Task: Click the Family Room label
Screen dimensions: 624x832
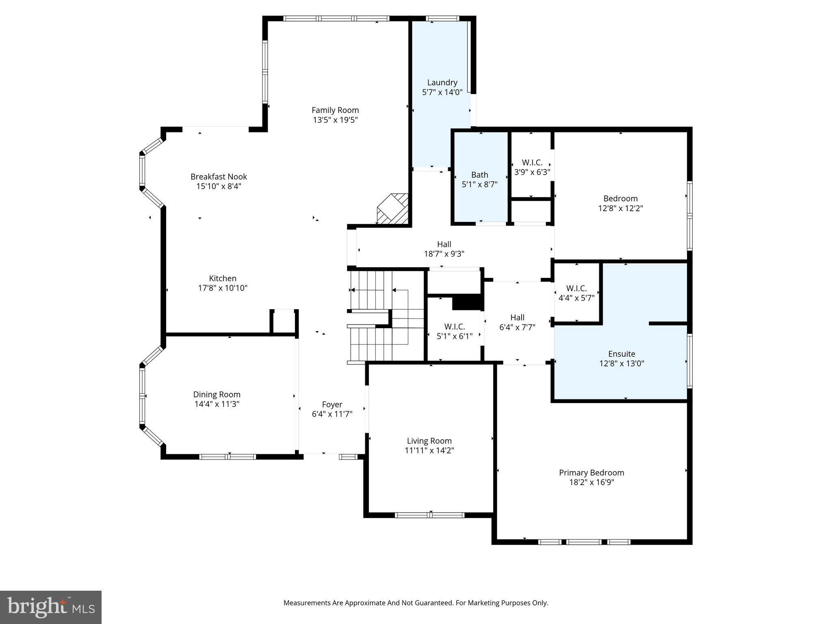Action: (x=335, y=110)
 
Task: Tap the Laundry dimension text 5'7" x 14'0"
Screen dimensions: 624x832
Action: (x=442, y=92)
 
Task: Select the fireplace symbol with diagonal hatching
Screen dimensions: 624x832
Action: (x=392, y=209)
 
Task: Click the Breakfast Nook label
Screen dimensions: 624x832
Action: (x=219, y=177)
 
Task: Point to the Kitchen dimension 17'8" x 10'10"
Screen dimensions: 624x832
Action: (x=223, y=288)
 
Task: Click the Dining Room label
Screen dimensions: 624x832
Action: (x=217, y=394)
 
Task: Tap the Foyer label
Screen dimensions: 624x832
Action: (x=332, y=404)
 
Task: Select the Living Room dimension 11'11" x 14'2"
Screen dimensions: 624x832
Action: (x=429, y=451)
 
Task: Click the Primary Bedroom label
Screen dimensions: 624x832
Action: (x=591, y=472)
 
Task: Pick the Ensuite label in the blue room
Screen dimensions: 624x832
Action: (x=622, y=354)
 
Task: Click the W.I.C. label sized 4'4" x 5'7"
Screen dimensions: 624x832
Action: (x=576, y=288)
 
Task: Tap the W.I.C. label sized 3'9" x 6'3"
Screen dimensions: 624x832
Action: (x=532, y=162)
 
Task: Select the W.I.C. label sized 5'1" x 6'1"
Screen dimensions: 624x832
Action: (x=455, y=327)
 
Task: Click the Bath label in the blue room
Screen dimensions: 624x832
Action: (x=479, y=175)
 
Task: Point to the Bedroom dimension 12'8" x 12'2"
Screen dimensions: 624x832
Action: (x=620, y=208)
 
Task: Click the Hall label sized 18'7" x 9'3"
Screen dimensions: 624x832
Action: (x=444, y=245)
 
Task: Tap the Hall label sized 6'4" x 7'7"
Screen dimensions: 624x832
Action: (x=517, y=318)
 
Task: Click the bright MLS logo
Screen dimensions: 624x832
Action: (x=51, y=607)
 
